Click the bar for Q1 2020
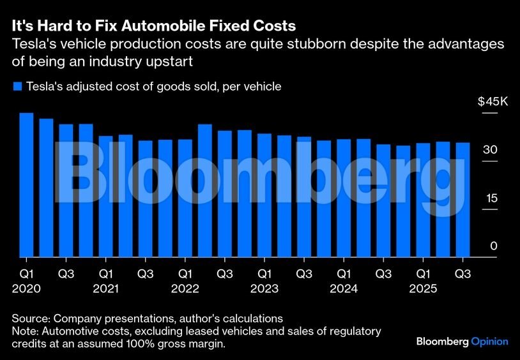pos(26,185)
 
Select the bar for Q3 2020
pos(66,191)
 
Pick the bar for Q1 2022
pos(185,199)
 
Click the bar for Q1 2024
pos(343,199)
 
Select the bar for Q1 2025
pos(423,200)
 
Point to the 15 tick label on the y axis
pos(491,198)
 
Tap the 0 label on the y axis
pos(494,246)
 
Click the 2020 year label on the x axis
pos(26,289)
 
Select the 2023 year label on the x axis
pos(264,289)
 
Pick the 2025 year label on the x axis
pos(423,289)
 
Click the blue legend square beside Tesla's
pos(17,86)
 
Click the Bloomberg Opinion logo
pos(462,341)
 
